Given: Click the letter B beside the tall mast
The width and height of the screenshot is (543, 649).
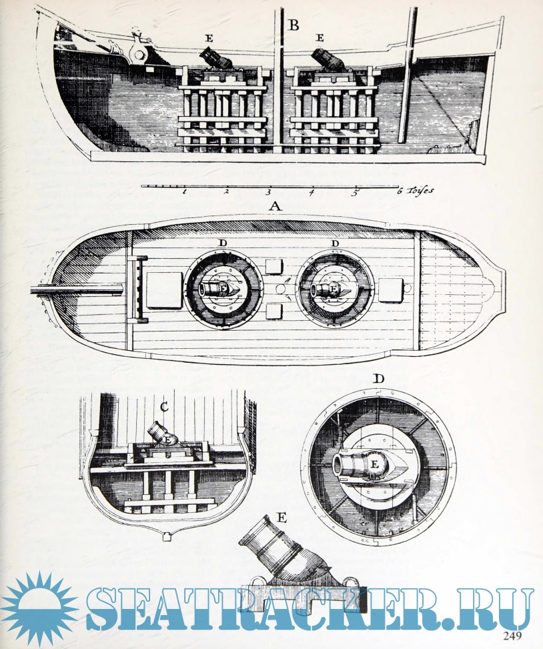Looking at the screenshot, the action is point(294,25).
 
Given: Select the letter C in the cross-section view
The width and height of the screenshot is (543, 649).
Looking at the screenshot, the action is point(164,408).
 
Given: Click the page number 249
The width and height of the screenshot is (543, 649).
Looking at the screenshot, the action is point(512,636).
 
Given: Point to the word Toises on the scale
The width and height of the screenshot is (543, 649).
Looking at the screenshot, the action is point(420,190).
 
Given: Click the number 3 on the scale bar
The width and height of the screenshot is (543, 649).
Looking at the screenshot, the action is point(268,192).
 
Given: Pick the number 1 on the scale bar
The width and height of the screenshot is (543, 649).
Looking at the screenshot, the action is point(183,191).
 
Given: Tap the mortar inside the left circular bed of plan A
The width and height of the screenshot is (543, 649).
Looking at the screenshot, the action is point(219,288).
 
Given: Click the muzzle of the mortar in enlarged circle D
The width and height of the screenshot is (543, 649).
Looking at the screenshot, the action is point(341,464).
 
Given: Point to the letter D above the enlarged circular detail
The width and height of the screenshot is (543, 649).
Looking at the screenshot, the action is point(378,379).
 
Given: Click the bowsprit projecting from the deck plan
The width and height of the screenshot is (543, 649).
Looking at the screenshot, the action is point(77,289).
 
